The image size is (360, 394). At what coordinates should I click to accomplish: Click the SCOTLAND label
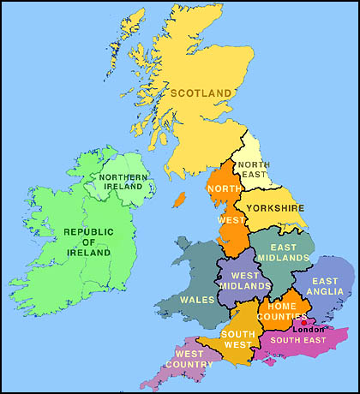pos(202,93)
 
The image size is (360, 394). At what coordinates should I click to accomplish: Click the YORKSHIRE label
pos(275,208)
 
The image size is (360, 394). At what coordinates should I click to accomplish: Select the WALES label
pos(197,300)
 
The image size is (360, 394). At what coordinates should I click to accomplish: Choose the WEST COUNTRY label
pos(195,359)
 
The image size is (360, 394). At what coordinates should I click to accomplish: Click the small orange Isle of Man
pos(179,199)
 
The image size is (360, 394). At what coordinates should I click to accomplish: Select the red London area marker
pos(303,322)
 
